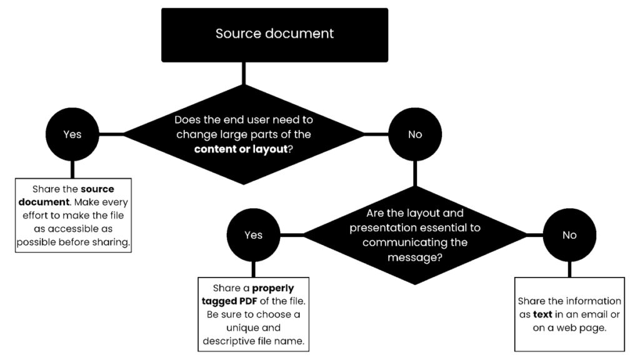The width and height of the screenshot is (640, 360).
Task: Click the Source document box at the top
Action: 274,34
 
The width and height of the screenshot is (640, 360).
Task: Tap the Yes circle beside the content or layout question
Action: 72,134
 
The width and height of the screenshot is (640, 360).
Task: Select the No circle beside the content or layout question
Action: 415,134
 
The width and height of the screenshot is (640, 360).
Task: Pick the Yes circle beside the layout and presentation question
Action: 253,235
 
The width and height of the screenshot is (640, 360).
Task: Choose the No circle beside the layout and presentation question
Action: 569,235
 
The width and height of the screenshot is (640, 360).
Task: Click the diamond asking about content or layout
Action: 243,134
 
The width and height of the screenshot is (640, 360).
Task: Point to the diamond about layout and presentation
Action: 415,235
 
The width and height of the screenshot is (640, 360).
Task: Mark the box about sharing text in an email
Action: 569,314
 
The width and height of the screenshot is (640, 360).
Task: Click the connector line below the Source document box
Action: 243,74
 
